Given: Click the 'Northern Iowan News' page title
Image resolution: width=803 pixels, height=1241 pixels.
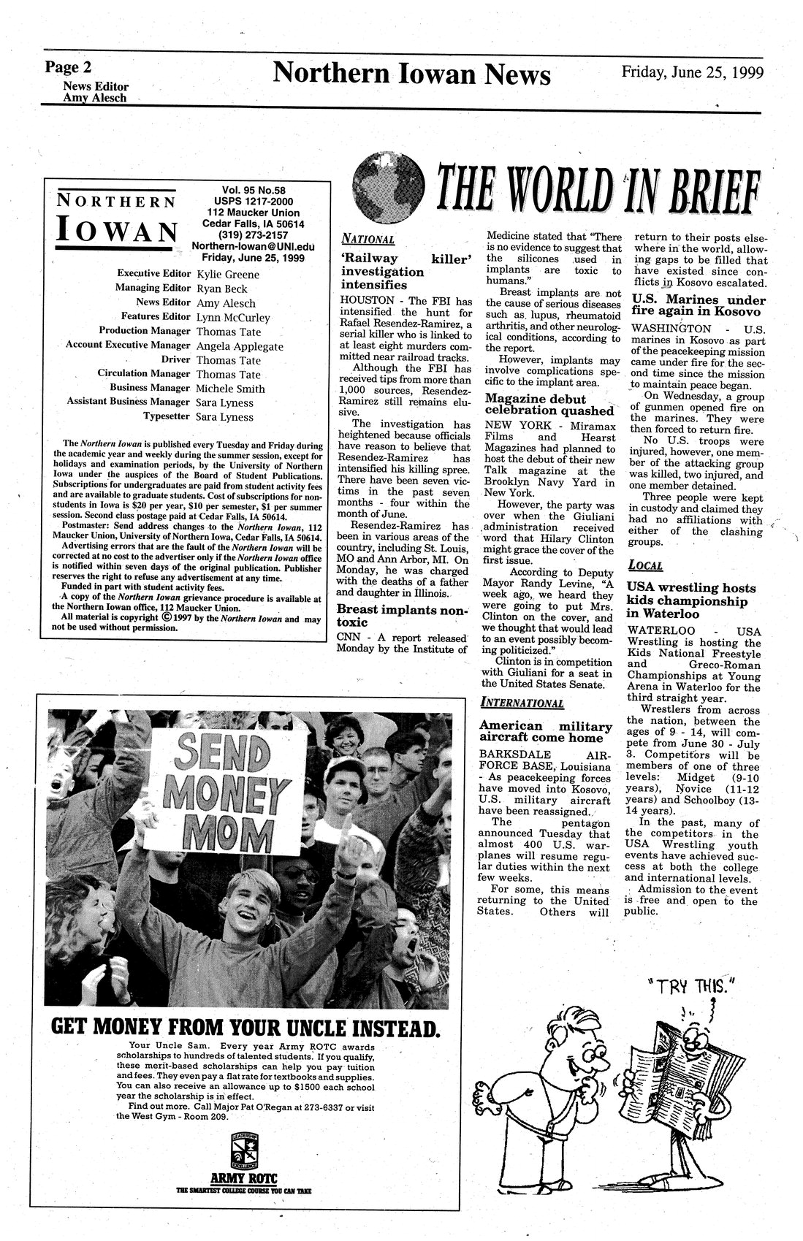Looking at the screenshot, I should pyautogui.click(x=411, y=75).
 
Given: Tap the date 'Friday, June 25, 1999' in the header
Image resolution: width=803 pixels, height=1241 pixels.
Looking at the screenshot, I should pyautogui.click(x=692, y=72).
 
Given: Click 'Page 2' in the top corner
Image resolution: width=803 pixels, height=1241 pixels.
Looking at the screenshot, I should pyautogui.click(x=68, y=68).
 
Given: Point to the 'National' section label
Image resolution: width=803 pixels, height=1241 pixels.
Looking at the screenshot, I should pyautogui.click(x=368, y=239).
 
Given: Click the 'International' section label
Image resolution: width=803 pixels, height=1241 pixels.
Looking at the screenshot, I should pyautogui.click(x=522, y=703).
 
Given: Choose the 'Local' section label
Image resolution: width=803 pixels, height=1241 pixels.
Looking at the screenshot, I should pyautogui.click(x=644, y=565).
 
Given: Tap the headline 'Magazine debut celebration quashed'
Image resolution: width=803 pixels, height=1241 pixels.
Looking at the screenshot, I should pyautogui.click(x=549, y=405).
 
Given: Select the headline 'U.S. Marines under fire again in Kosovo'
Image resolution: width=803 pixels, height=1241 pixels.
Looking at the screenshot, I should pyautogui.click(x=698, y=305).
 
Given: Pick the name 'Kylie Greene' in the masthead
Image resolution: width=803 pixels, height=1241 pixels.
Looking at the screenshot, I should pyautogui.click(x=228, y=275).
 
